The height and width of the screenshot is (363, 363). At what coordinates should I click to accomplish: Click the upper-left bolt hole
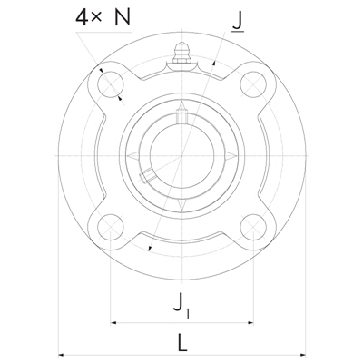click(111, 84)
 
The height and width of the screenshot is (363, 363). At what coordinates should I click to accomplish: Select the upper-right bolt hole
click(253, 84)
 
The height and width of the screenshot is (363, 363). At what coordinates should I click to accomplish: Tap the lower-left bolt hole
click(111, 227)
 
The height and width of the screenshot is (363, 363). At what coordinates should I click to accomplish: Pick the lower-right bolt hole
click(253, 227)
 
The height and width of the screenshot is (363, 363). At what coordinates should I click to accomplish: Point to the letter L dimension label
click(182, 342)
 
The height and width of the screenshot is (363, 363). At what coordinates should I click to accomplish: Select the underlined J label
click(238, 22)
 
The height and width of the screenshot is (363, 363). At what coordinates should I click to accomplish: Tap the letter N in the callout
click(123, 16)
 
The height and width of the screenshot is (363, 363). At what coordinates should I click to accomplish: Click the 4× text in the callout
click(88, 17)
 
